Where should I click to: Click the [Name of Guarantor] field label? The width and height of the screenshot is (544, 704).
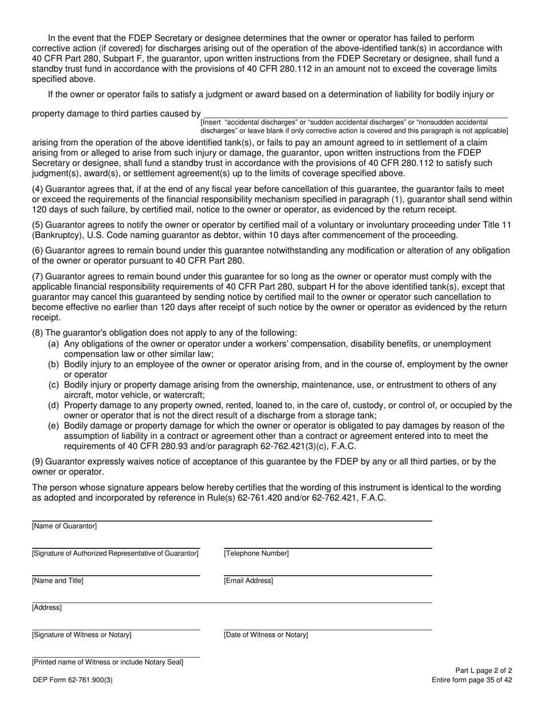[64, 526]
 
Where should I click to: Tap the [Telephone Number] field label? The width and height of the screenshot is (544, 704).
[257, 553]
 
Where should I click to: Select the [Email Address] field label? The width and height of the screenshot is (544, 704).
[249, 581]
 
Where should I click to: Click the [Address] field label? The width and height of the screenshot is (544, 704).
[47, 608]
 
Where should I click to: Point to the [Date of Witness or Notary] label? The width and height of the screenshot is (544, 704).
[266, 635]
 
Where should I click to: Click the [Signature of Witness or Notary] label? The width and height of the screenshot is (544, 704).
[81, 635]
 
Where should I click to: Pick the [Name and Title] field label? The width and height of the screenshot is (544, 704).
[57, 581]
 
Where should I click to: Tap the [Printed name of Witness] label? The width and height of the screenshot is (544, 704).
[108, 662]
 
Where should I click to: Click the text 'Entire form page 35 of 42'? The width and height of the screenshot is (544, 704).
[472, 680]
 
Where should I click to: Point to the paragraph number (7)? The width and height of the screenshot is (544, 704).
[37, 276]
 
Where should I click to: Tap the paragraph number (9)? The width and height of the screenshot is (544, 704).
[37, 461]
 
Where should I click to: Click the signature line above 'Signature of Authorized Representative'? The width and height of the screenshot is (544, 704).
[116, 547]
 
